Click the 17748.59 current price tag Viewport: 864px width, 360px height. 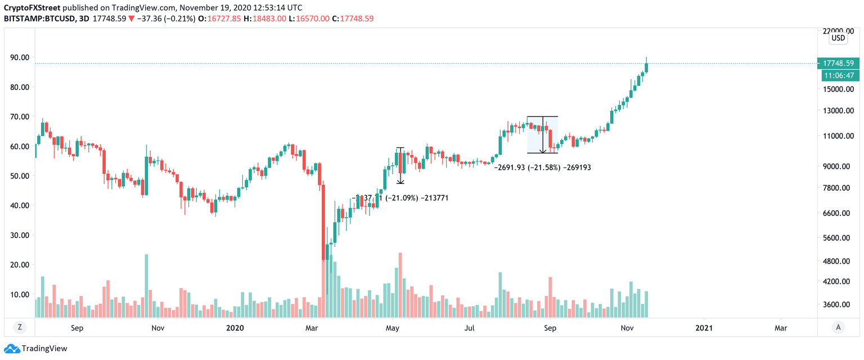coord(838,63)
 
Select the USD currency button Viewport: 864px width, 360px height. coord(838,38)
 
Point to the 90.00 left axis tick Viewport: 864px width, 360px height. coord(20,57)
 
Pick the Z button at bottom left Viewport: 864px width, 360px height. coord(19,327)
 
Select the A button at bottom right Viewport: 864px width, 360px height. coord(838,327)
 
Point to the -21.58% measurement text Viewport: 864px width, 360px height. coord(542,168)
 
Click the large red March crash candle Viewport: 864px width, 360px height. coord(323,225)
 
